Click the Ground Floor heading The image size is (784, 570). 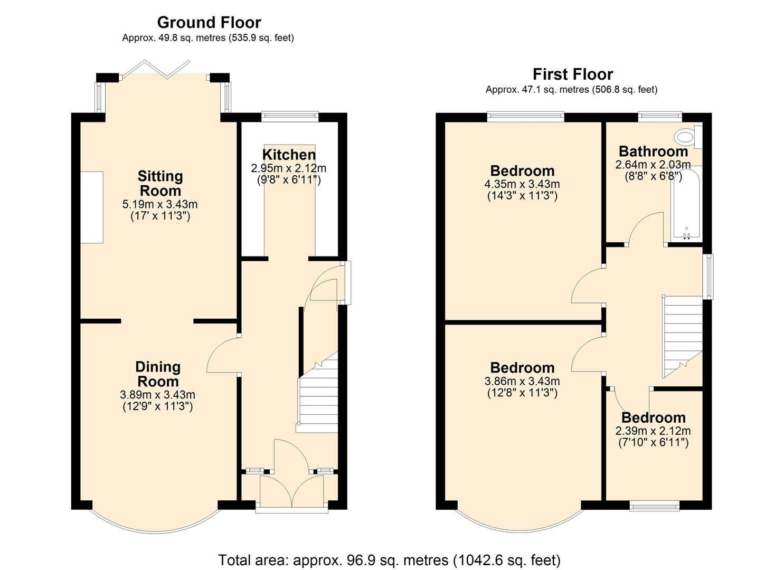(209, 23)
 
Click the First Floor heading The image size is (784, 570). (572, 74)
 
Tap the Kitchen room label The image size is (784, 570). (289, 155)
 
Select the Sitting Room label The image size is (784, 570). (159, 183)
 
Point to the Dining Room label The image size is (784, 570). (157, 374)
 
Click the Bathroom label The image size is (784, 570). (653, 151)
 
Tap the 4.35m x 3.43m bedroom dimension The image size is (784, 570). (522, 184)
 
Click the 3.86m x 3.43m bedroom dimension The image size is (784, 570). (522, 381)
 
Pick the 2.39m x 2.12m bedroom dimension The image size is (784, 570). (653, 431)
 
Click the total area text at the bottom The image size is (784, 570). (389, 559)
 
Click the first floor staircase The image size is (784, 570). (683, 335)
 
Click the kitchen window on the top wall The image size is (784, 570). (290, 116)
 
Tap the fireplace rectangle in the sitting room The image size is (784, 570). (92, 207)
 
